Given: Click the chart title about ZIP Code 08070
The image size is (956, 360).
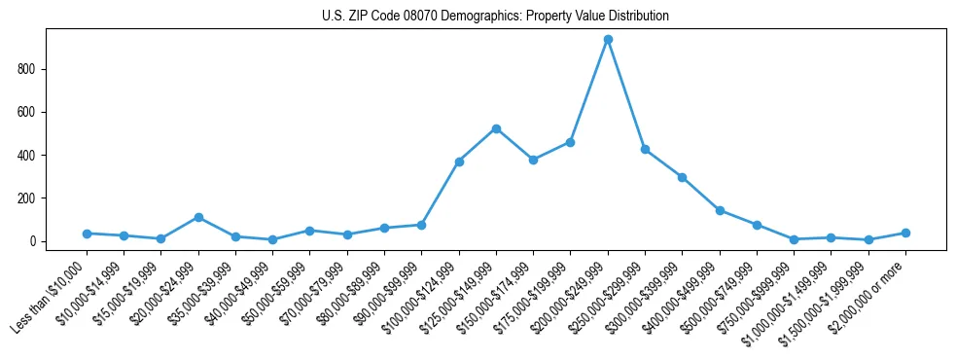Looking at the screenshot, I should (495, 17).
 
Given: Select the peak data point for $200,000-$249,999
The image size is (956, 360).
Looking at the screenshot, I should (608, 40).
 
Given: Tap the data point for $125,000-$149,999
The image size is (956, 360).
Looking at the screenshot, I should (496, 128).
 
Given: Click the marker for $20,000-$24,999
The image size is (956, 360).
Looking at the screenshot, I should (198, 217).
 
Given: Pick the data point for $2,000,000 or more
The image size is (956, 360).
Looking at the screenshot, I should (905, 233).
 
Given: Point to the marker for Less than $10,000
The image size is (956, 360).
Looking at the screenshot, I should (87, 234).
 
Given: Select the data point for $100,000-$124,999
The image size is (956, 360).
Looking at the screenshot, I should (459, 162).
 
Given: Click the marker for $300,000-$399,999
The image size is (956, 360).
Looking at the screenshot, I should (683, 177).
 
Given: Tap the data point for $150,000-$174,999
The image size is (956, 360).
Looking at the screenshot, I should (533, 160).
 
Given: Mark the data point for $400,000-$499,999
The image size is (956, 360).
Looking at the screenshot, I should (720, 210).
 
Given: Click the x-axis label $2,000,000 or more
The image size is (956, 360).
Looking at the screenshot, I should (873, 286).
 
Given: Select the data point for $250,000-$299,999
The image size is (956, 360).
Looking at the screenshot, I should (645, 150).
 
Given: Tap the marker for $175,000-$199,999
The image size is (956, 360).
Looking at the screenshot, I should (570, 142).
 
